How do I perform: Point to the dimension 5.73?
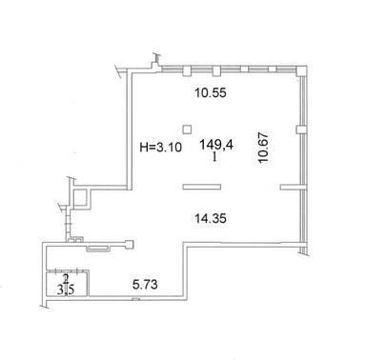(144, 285)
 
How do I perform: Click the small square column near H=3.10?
(189, 129)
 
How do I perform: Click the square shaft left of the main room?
(83, 196)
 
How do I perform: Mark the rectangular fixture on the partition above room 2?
(96, 250)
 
